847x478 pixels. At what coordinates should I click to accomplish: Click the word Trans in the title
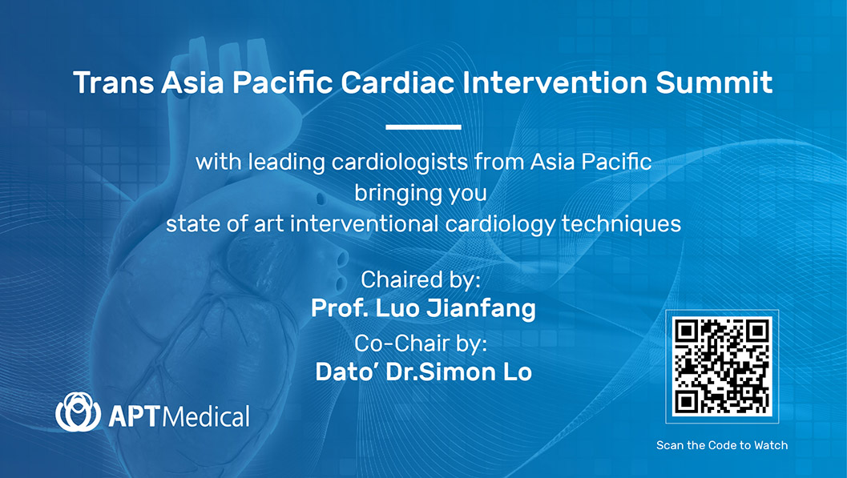tap(113, 82)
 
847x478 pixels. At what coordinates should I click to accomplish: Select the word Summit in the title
tap(714, 82)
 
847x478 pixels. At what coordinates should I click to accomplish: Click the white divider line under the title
tap(423, 127)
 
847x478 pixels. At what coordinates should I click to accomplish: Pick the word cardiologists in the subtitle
tap(400, 163)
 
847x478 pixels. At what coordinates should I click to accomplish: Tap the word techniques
tap(621, 224)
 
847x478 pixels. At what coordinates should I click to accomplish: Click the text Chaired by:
tap(420, 280)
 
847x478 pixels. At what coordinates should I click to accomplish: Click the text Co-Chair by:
tap(421, 343)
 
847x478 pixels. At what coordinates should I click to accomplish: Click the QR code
tap(722, 367)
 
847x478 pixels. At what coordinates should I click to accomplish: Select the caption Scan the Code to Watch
tap(722, 445)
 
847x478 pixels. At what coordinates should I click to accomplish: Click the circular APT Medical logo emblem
tap(78, 412)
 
